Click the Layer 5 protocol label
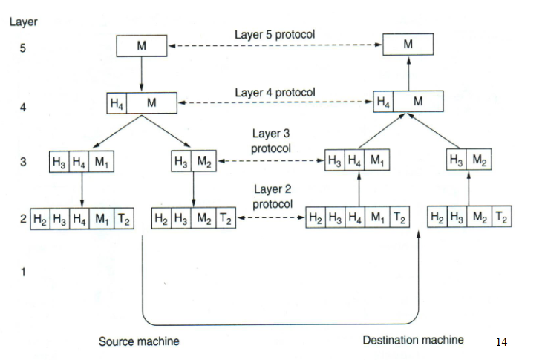[x=274, y=35]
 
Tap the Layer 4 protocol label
[x=275, y=93]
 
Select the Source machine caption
[x=139, y=341]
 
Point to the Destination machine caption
[x=413, y=340]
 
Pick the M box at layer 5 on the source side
[x=141, y=46]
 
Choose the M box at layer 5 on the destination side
[x=408, y=45]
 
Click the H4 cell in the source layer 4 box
[x=117, y=103]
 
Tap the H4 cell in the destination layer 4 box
[x=383, y=102]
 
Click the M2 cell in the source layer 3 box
[x=205, y=161]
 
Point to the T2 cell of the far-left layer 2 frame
[x=123, y=220]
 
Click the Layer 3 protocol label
[x=270, y=140]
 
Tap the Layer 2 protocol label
[x=272, y=196]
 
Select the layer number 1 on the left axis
[x=23, y=272]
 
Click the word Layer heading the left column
[x=23, y=22]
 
